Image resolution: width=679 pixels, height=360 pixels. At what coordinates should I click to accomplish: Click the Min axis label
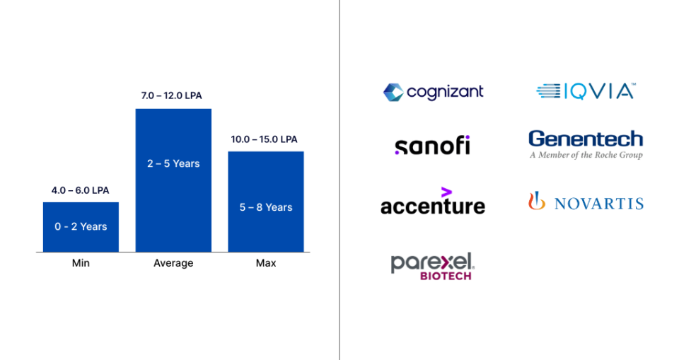81,263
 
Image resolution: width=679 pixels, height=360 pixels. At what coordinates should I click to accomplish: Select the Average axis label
173,263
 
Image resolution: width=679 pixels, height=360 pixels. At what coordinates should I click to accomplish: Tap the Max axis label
266,263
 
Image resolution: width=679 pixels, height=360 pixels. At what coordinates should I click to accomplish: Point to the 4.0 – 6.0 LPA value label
81,190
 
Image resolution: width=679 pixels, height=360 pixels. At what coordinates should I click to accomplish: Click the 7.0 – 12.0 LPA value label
173,95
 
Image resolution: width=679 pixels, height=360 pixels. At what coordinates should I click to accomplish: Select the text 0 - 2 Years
81,226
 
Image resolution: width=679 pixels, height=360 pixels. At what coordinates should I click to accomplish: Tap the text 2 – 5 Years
173,163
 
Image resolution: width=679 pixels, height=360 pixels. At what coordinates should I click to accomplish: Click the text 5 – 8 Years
266,207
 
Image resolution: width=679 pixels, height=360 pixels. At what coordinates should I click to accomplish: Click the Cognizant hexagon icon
393,92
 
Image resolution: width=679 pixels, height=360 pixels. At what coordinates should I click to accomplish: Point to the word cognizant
445,92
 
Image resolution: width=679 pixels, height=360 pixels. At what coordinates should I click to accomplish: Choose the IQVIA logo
586,91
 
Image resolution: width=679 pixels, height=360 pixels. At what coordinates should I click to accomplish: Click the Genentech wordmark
586,139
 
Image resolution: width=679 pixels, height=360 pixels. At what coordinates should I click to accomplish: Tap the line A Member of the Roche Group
586,155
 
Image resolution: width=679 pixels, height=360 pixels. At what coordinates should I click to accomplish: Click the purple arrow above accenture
446,192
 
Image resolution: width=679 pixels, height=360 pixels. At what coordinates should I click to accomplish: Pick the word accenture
432,206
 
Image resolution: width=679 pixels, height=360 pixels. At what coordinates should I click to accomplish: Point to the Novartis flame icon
537,202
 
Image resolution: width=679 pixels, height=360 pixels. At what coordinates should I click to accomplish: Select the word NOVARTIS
598,204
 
